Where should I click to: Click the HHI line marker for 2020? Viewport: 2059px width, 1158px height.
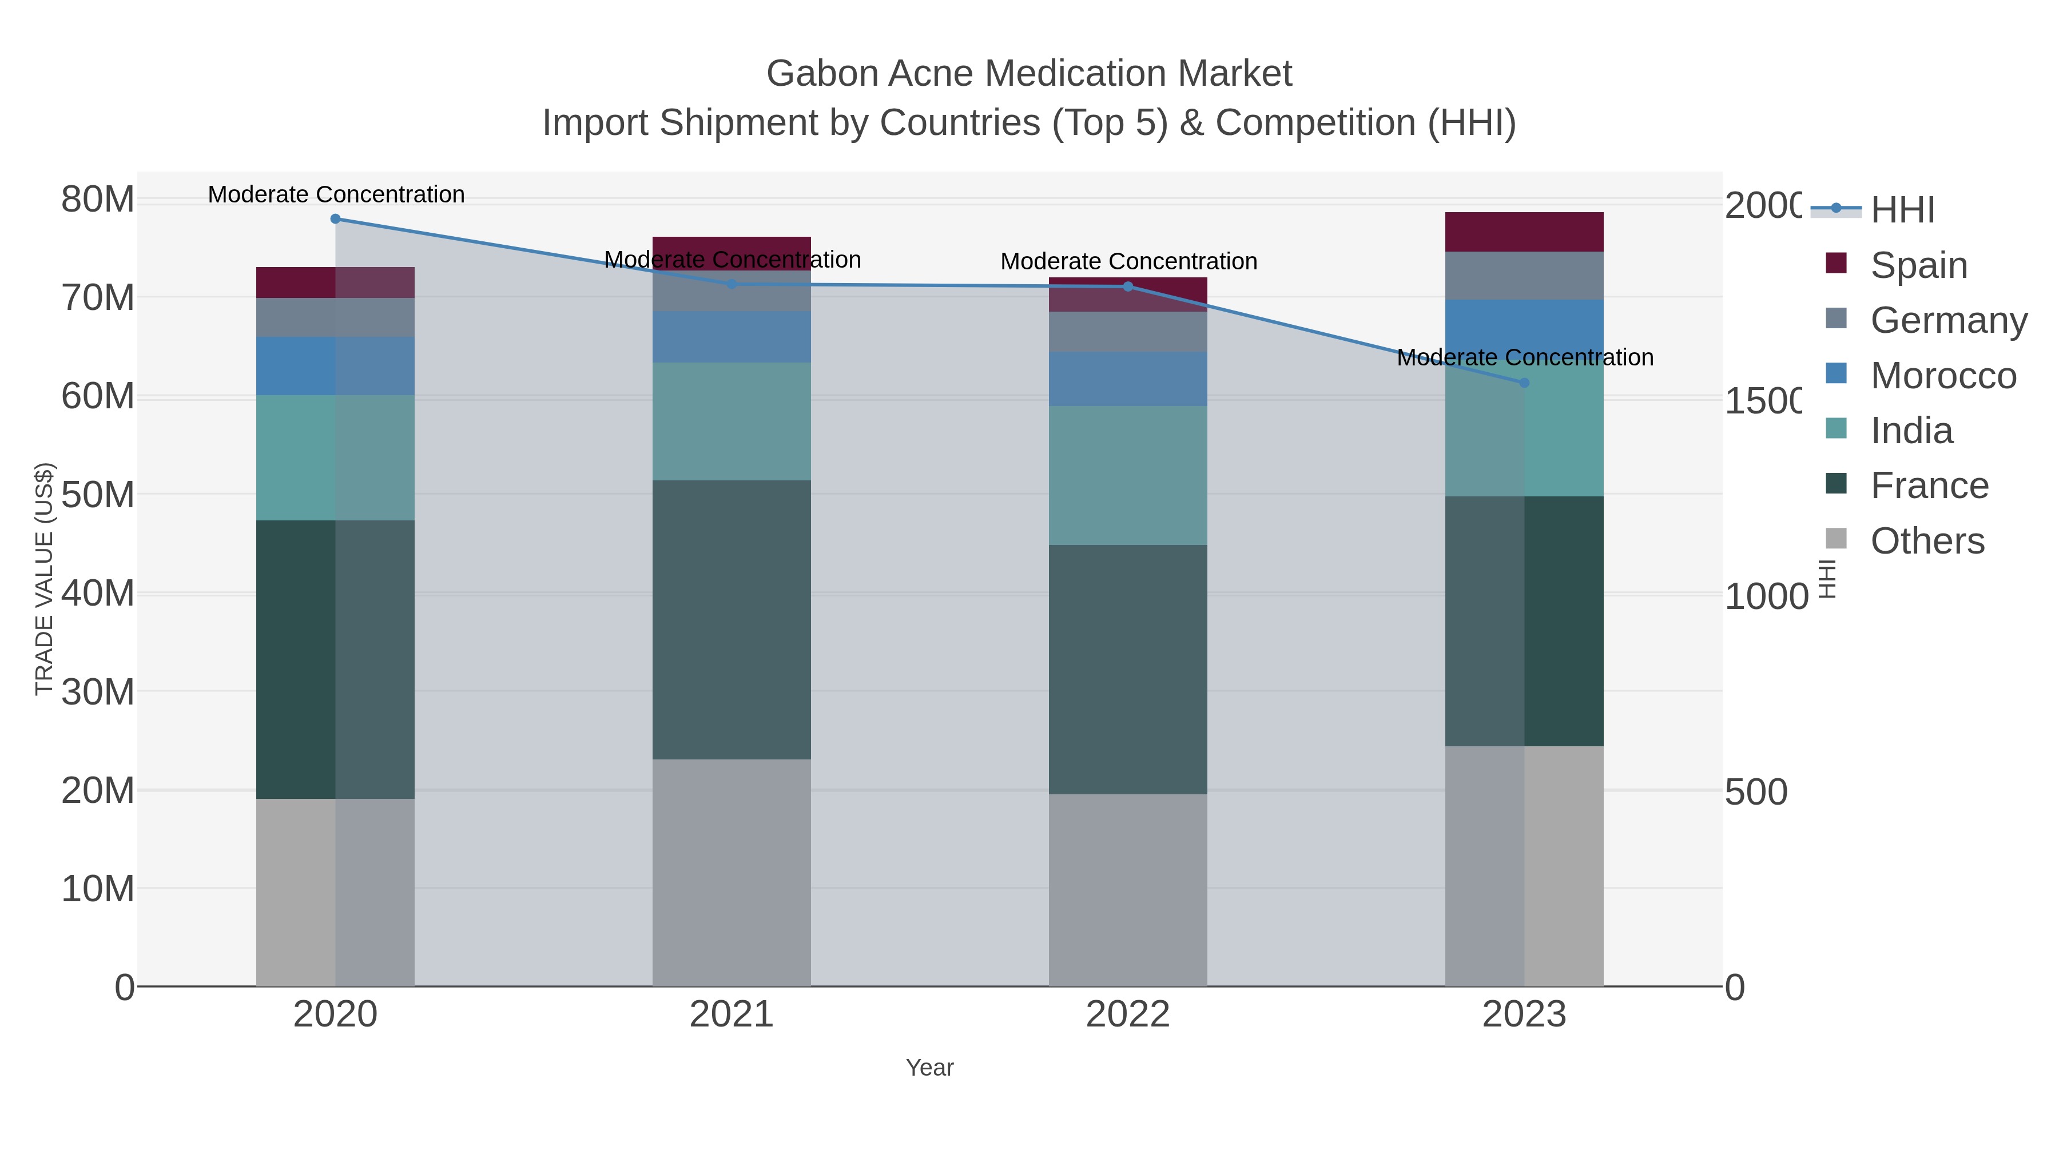[x=335, y=219]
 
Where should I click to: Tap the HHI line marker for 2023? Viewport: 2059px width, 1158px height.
[x=1524, y=383]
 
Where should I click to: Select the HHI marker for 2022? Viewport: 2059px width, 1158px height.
[x=1128, y=286]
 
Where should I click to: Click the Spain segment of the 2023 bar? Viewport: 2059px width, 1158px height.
[x=1524, y=232]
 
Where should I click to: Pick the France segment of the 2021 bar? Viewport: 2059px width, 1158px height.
[x=732, y=619]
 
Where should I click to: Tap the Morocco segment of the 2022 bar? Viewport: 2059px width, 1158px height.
[x=1128, y=379]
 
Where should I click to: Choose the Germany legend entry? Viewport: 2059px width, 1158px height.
[x=1948, y=320]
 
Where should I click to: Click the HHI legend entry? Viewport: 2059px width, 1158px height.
[x=1902, y=209]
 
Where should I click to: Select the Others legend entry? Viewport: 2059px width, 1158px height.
[x=1926, y=541]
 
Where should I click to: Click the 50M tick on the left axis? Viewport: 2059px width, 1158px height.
[x=97, y=495]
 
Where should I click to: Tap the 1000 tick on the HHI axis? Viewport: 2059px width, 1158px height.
[x=1765, y=596]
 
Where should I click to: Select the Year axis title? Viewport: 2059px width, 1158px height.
[x=929, y=1068]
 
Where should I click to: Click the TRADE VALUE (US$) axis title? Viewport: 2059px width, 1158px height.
[x=44, y=579]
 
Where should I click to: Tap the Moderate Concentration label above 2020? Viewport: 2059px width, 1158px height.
[x=336, y=194]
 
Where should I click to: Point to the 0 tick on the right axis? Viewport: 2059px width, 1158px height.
[x=1735, y=988]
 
